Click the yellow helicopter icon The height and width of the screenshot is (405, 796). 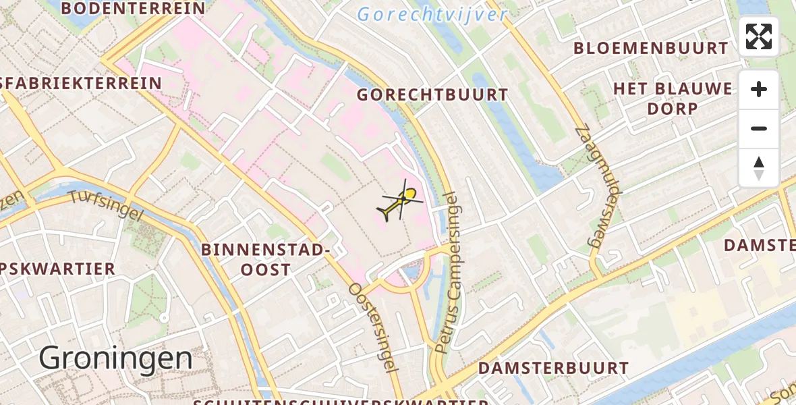point(402,201)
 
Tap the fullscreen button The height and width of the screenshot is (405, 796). point(759,36)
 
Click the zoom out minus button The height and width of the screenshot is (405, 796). point(759,128)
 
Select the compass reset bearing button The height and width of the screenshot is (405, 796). point(759,167)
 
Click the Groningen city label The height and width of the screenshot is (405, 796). point(116,358)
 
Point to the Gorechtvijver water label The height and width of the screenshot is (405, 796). point(432,14)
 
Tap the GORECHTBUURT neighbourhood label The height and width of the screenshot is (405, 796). point(432,95)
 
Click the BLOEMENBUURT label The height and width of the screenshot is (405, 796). point(651,49)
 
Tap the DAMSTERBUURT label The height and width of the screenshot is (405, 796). point(553,369)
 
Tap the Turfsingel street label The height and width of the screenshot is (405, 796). point(107,204)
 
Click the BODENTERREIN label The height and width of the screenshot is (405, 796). point(133,9)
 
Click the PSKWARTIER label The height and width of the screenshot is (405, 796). point(58,269)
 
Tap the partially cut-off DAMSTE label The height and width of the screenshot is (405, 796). point(760,246)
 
